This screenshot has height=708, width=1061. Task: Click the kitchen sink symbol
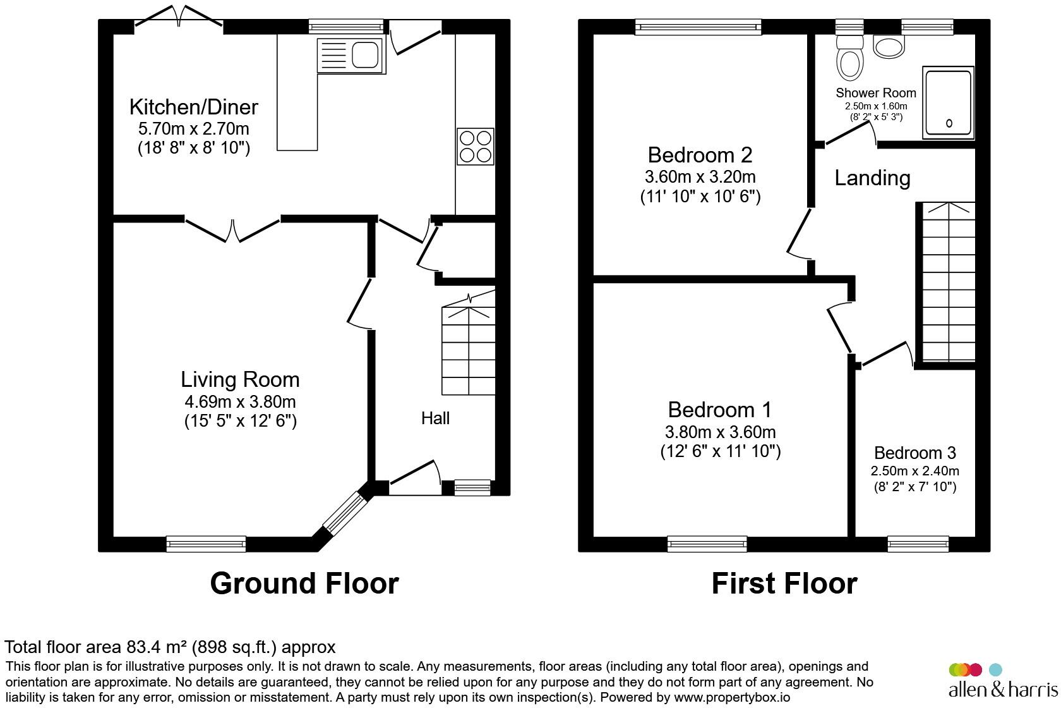351,54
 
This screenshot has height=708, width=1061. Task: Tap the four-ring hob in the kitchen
475,147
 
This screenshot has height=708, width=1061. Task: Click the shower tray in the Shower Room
948,102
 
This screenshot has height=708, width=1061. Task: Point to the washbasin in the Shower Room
889,46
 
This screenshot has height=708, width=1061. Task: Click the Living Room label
240,379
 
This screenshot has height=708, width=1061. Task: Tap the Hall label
435,418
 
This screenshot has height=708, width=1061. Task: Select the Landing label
872,178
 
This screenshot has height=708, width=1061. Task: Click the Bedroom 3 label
914,453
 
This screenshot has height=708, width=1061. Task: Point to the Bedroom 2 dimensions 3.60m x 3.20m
700,177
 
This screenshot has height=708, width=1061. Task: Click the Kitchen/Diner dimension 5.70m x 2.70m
193,129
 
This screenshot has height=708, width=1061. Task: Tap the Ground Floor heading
304,583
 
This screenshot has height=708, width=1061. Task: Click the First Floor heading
784,583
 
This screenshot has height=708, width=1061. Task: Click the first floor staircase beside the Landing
945,281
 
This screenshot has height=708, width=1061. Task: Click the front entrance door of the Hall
414,475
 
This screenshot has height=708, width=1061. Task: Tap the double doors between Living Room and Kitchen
233,229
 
